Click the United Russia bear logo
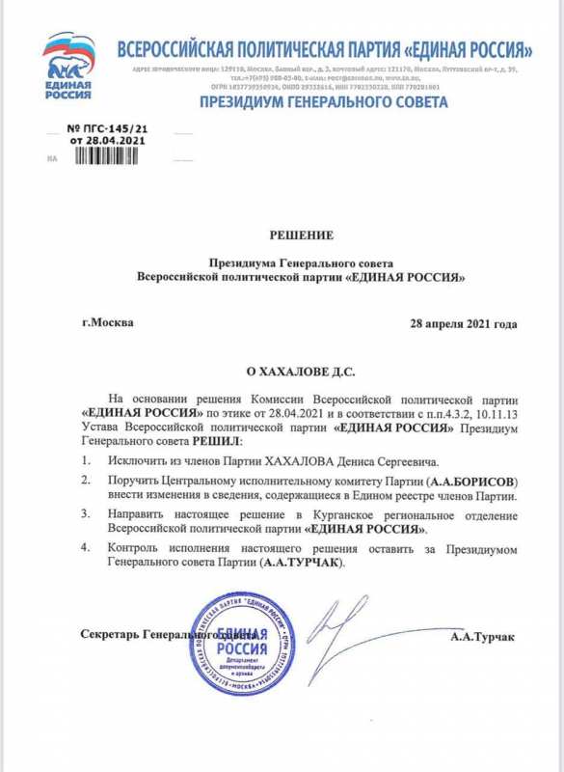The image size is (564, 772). (x=68, y=66)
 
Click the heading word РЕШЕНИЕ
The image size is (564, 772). (x=303, y=234)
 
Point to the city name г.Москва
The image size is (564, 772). (x=109, y=322)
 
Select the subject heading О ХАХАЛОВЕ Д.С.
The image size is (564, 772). (x=303, y=371)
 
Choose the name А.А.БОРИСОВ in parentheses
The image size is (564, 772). (x=473, y=481)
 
